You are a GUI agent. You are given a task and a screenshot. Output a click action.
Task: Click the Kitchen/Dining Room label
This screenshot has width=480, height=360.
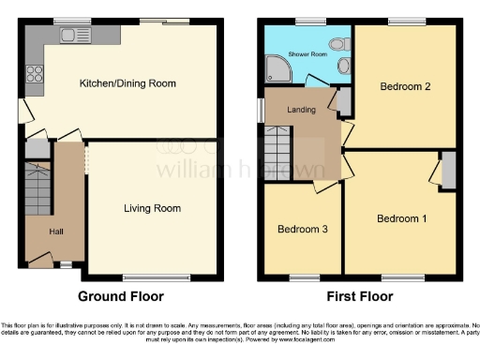click(x=127, y=83)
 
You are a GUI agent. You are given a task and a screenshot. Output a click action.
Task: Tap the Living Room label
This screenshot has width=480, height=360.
click(x=152, y=208)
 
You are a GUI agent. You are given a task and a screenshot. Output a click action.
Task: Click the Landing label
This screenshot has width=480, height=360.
click(x=301, y=110)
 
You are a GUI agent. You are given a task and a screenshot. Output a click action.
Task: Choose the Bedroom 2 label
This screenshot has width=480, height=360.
click(x=405, y=87)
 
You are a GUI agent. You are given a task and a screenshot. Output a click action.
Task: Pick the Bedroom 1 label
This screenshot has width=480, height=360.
click(x=402, y=218)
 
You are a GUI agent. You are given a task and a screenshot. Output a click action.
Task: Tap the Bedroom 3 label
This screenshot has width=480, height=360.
click(x=302, y=229)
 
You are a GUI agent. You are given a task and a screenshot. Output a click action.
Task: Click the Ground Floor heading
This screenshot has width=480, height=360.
click(x=120, y=296)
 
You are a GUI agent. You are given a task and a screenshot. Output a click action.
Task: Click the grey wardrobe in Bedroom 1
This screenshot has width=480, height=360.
click(x=447, y=172)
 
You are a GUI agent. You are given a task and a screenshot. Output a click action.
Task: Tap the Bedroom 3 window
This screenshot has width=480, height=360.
click(x=302, y=276)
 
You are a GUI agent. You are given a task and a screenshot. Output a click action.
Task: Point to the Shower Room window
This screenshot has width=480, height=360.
click(x=307, y=21)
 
